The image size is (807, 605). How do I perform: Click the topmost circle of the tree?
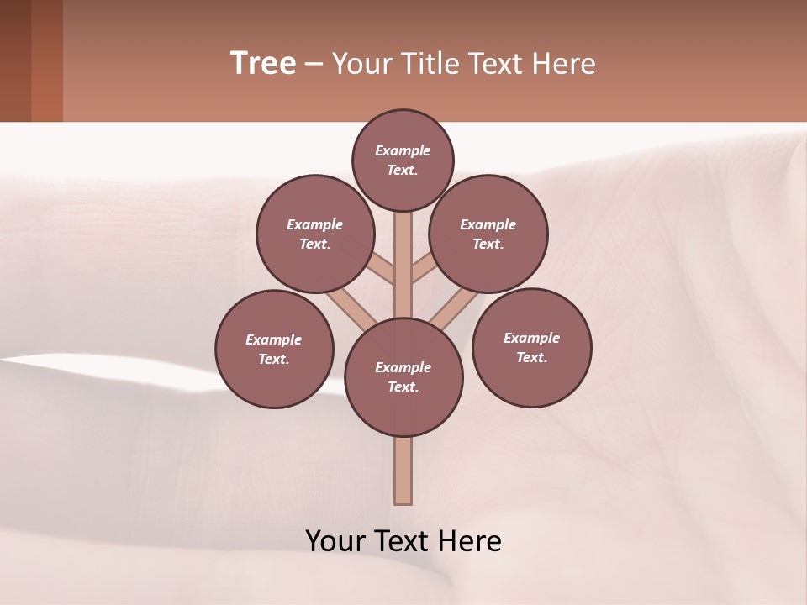pos(403,160)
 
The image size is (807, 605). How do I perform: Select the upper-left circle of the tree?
pos(314,234)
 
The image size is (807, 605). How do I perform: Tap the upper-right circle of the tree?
pos(488,234)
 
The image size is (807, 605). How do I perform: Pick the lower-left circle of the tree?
pos(274,349)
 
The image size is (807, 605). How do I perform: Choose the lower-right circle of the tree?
pos(531,347)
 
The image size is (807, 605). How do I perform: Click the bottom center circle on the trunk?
pos(403,377)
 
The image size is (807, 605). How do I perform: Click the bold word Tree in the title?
pos(263,63)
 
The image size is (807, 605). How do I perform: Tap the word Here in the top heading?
pos(563,64)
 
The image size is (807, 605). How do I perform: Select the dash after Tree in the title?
pos(314,65)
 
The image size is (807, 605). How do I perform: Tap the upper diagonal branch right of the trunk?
pos(423,271)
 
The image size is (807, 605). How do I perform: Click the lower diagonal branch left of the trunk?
pos(351,307)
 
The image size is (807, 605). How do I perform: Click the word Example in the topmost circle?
pos(403,150)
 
